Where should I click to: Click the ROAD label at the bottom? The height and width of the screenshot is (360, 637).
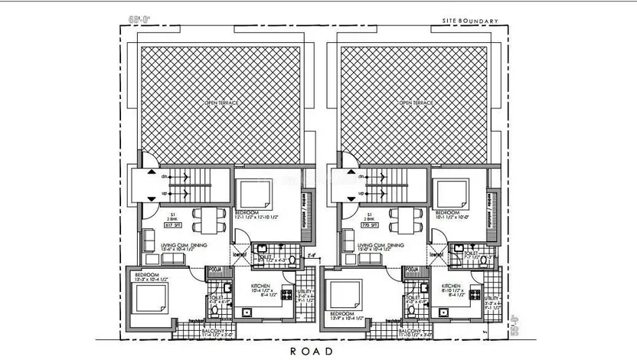[311, 352]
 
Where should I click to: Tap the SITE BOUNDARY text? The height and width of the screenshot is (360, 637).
[471, 21]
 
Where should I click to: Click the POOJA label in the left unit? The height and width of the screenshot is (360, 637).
[215, 270]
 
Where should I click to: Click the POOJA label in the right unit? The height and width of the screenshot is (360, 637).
[412, 270]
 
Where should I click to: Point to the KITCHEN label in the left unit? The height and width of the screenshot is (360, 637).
[261, 286]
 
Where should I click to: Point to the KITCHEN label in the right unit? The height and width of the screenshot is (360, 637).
[454, 286]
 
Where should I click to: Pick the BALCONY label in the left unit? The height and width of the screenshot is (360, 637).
[211, 330]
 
